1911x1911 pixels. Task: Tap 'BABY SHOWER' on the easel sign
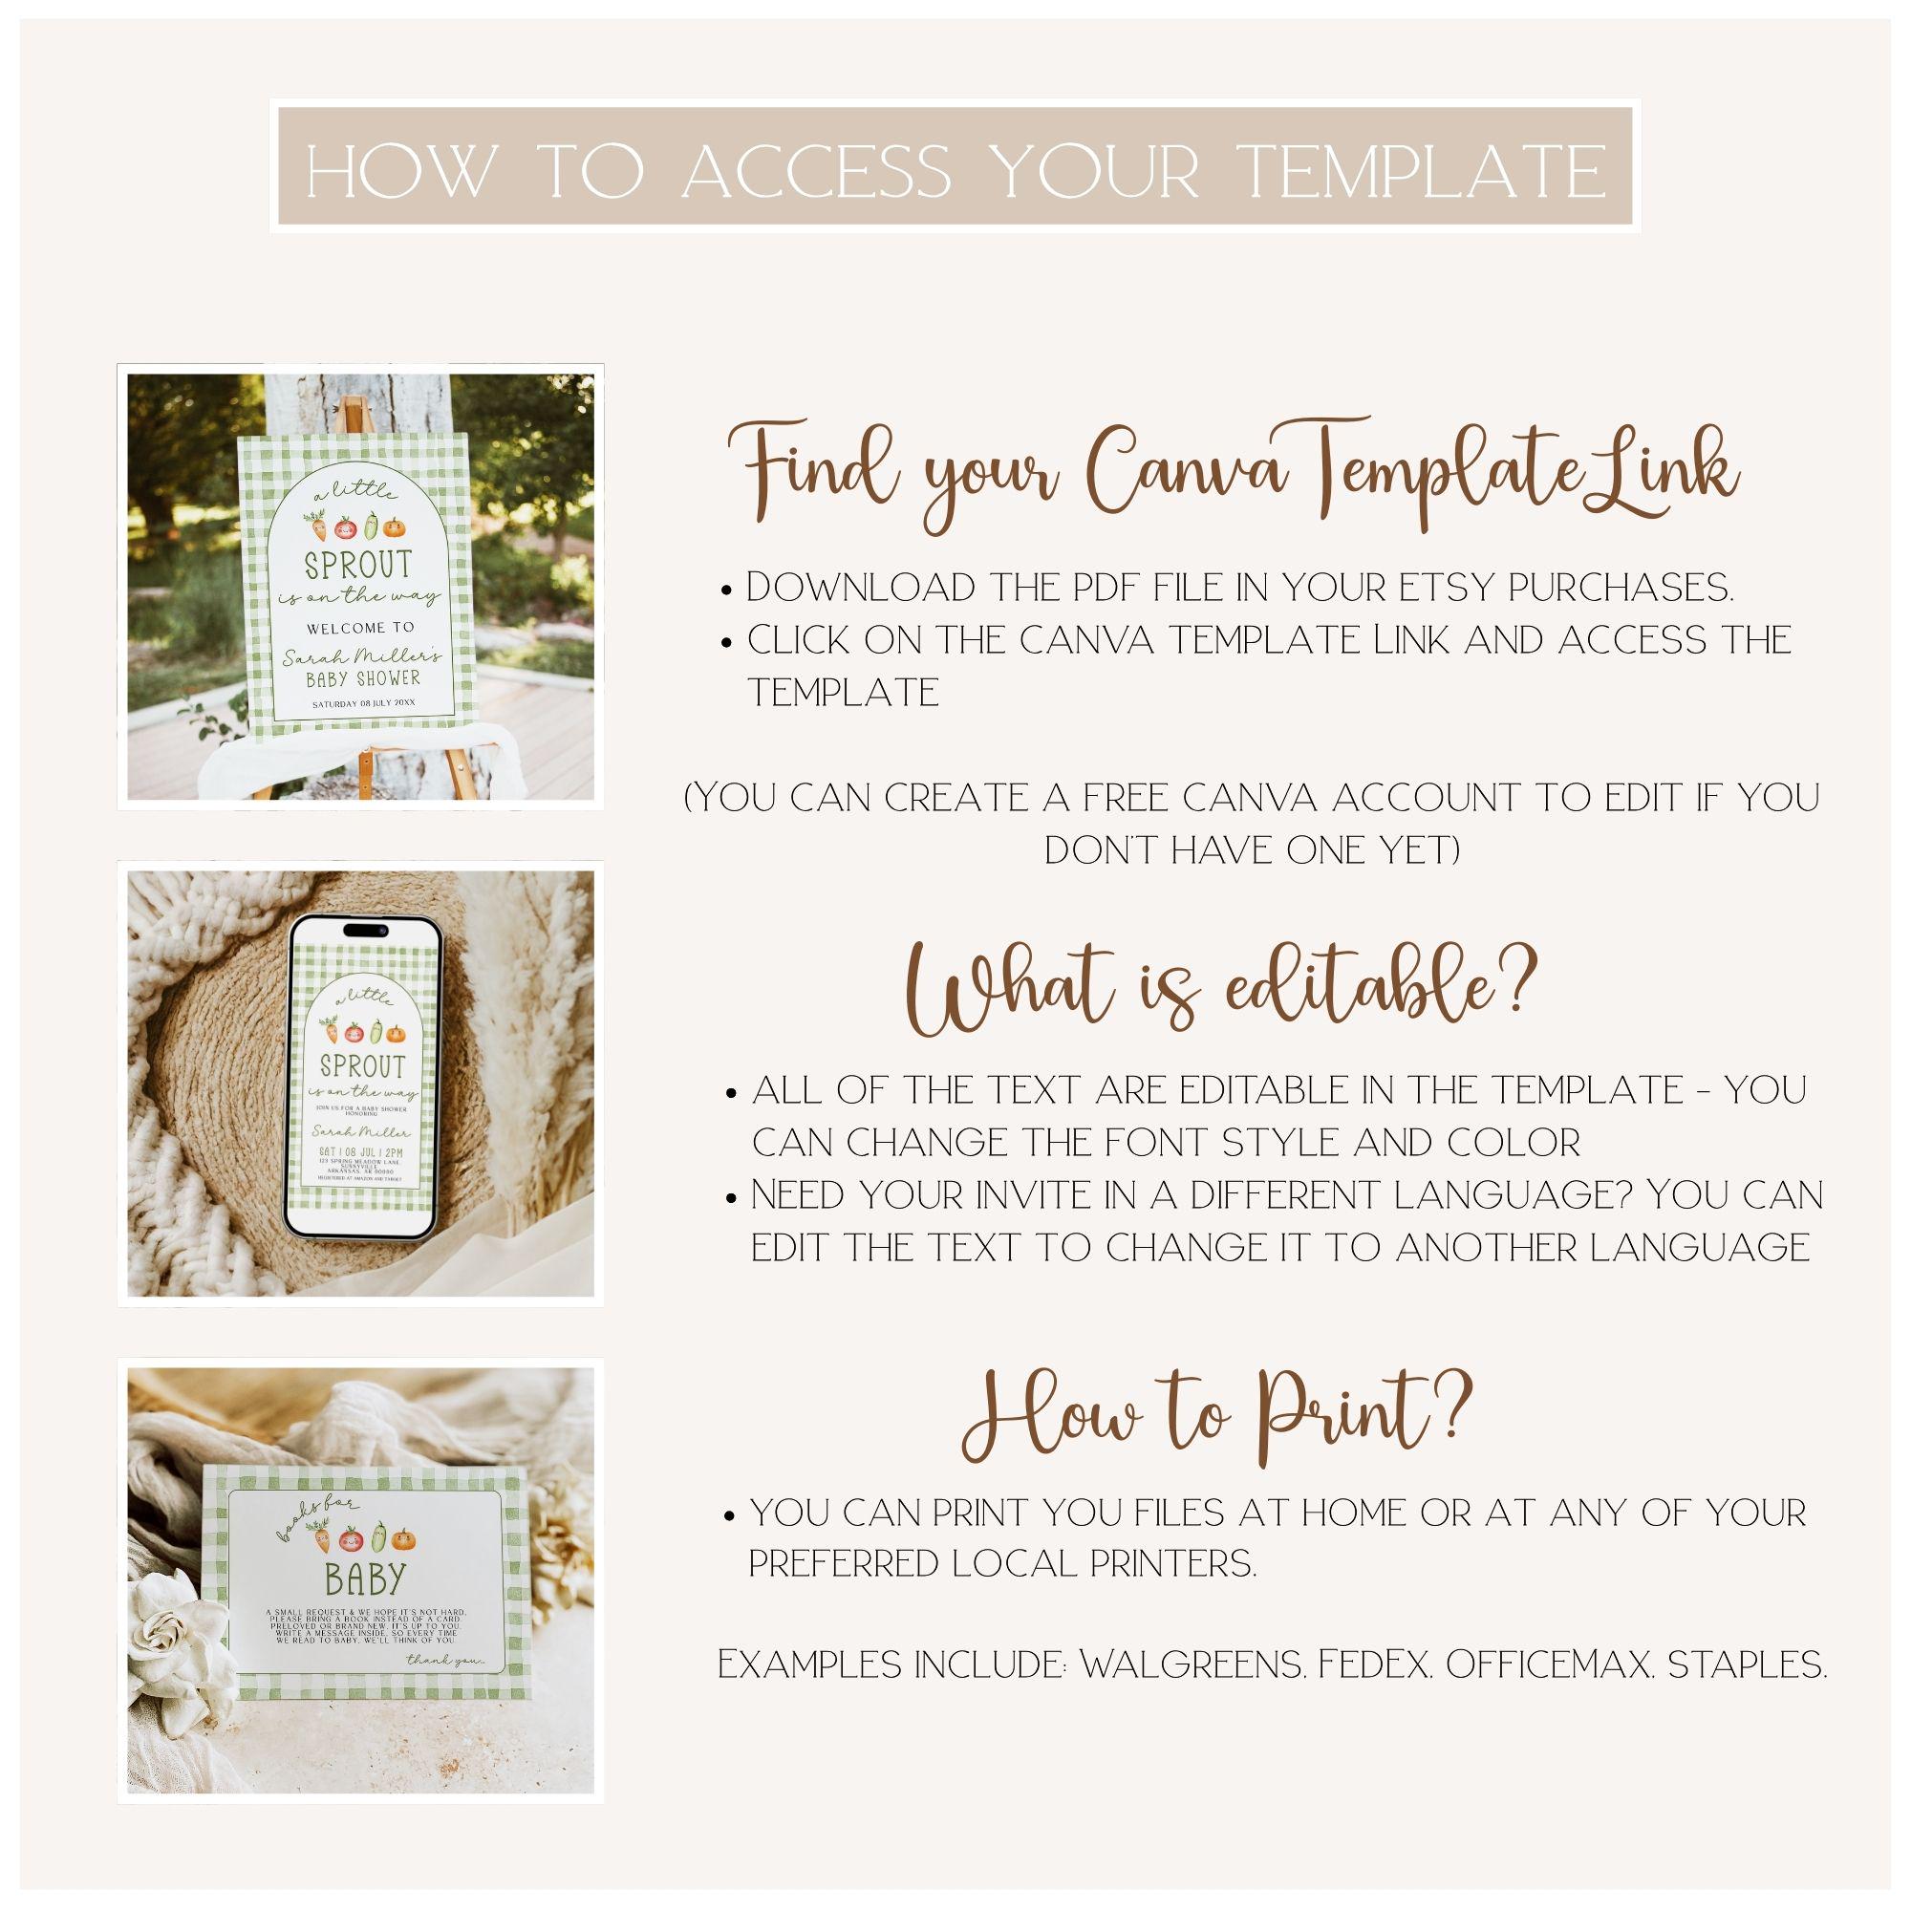pyautogui.click(x=362, y=678)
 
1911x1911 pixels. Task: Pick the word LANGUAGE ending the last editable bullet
pyautogui.click(x=1701, y=1247)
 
